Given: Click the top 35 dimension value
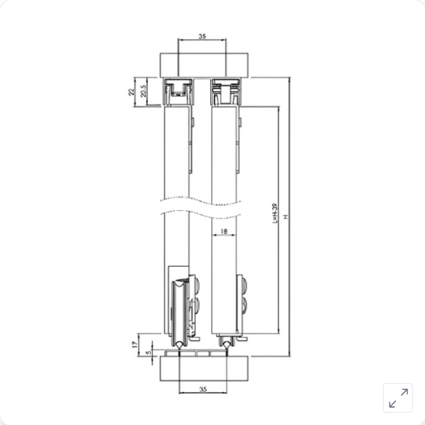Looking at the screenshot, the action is [202, 36].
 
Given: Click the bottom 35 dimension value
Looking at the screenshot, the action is [203, 389].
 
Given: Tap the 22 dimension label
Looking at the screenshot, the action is [131, 92].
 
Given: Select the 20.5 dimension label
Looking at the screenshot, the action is [143, 91].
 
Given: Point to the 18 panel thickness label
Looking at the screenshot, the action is [223, 231].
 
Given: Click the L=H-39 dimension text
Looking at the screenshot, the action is [275, 213].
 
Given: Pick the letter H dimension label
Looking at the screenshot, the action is [286, 217].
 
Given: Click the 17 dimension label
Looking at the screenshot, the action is [134, 344].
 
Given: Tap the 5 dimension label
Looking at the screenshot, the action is [148, 352].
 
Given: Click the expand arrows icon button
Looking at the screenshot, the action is [398, 398].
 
